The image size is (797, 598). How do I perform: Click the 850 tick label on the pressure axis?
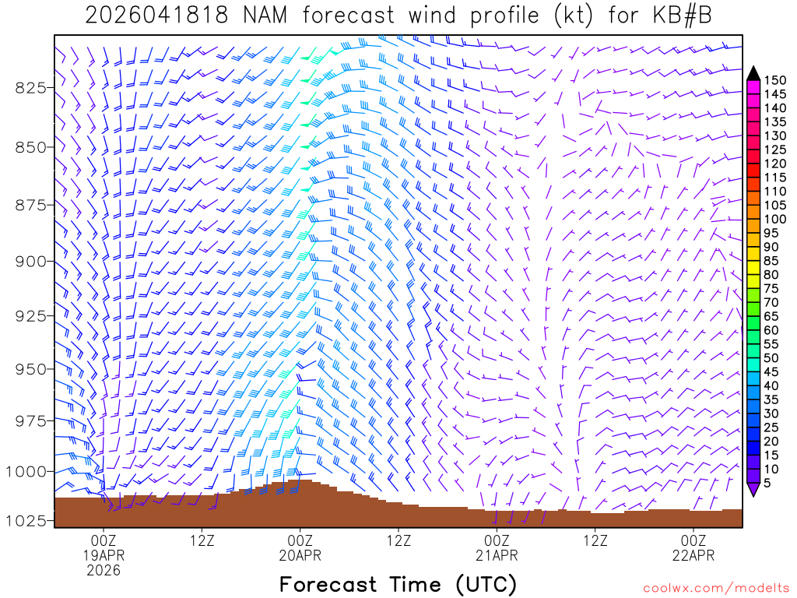pos(30,147)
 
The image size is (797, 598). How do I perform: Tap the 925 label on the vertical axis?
pos(30,316)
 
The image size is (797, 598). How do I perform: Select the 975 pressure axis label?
pos(30,421)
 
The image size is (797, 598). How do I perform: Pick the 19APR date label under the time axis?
pos(104,555)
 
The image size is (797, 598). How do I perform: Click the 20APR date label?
pos(300,555)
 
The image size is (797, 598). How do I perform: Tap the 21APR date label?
pos(497,555)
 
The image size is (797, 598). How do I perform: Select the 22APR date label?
pos(693,555)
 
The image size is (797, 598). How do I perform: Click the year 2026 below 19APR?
pos(104,571)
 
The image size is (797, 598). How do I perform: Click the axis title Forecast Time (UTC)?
pos(398,584)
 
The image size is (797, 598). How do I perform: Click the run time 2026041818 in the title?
pos(156,16)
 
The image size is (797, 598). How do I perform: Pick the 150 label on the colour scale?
pos(775,80)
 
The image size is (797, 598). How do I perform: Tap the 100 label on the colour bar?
pos(775,219)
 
